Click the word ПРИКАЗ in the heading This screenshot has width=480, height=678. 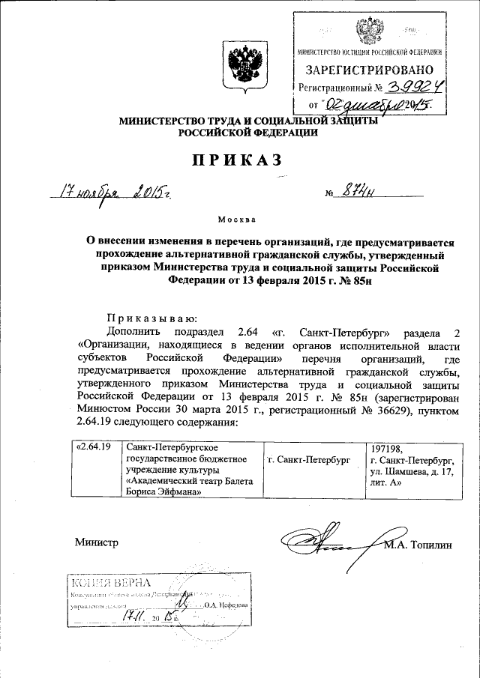(x=239, y=160)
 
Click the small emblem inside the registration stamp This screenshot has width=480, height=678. (x=370, y=33)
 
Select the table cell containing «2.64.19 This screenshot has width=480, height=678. (x=95, y=447)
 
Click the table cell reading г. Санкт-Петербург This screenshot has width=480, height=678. (x=310, y=458)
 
